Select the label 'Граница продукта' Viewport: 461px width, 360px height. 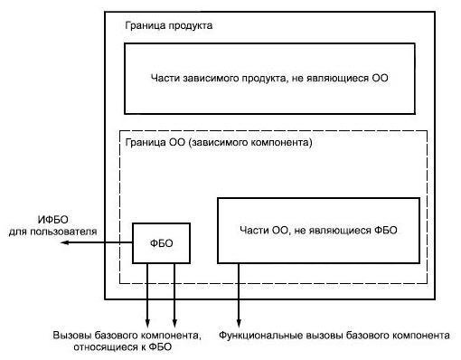tap(168, 25)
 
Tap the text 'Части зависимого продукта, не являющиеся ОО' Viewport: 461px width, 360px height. tap(269, 78)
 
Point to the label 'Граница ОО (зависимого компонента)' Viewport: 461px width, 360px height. tap(219, 142)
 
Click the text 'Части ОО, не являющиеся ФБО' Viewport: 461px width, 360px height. tap(318, 230)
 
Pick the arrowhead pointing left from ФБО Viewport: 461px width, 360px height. tap(65, 242)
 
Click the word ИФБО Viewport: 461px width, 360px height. tap(53, 220)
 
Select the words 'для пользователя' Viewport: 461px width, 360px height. tap(52, 232)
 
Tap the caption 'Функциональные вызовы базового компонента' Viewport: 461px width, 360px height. tap(334, 336)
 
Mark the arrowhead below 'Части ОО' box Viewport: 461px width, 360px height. tap(239, 323)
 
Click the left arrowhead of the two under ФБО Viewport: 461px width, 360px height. tap(147, 323)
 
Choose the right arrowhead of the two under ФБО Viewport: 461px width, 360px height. tap(174, 323)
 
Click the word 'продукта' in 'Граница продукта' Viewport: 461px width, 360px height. tap(190, 26)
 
